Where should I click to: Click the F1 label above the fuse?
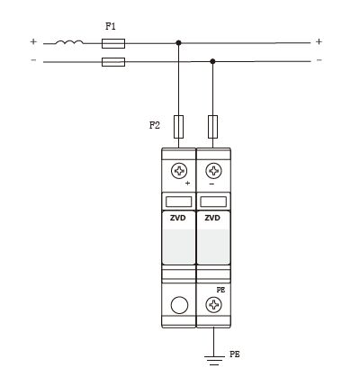point(111,26)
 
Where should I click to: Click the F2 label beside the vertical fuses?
point(155,125)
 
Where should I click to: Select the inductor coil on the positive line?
point(69,42)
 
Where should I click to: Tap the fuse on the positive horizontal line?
point(113,43)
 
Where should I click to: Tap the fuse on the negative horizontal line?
point(113,62)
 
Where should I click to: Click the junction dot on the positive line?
point(178,43)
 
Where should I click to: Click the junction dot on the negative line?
point(212,61)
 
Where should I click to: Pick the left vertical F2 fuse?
point(178,127)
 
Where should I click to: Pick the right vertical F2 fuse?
point(212,127)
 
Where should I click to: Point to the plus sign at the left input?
point(33,41)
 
